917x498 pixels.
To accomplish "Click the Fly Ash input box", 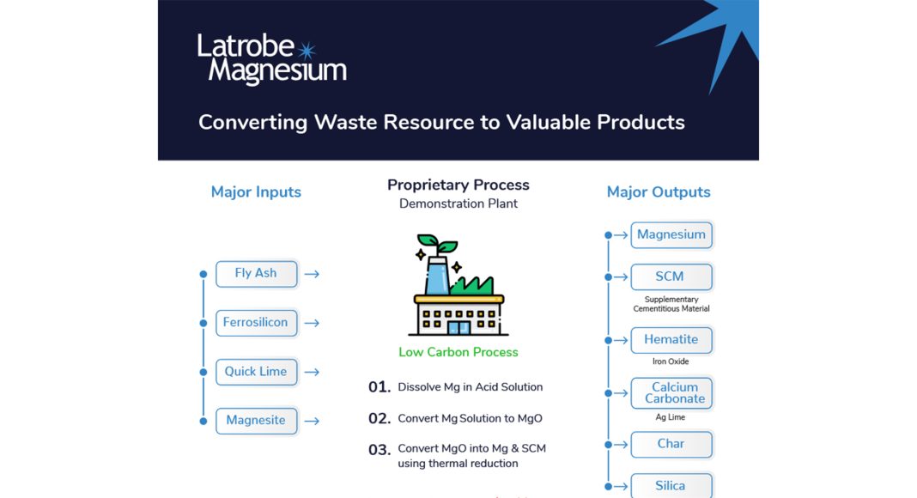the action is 256,274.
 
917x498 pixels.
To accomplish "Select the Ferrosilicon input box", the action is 256,323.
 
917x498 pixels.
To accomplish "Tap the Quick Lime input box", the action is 256,372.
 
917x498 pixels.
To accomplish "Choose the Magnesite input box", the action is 256,421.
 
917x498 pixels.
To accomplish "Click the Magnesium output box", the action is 671,235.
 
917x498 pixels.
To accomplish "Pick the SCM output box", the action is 671,277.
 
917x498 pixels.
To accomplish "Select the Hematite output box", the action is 671,340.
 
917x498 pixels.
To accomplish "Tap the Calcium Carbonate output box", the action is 671,392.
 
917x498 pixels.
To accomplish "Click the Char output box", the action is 671,444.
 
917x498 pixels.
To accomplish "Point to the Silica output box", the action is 671,486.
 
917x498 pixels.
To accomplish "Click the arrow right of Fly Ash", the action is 312,274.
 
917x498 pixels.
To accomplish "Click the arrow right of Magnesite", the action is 312,421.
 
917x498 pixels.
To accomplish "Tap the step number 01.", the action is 379,387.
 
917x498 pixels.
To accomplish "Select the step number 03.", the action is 379,450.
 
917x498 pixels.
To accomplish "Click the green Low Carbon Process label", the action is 458,352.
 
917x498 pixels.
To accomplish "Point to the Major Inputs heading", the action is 256,192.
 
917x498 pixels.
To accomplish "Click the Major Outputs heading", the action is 659,192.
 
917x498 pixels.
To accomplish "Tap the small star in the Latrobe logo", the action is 307,51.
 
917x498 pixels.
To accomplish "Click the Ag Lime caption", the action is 671,417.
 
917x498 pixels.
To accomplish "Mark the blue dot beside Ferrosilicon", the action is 203,323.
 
